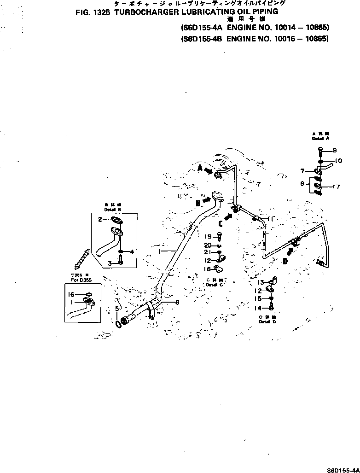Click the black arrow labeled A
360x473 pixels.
208,170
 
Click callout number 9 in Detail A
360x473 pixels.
335,150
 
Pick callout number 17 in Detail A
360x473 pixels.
337,187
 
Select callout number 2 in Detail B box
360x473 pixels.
100,219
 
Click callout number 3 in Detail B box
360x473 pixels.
110,263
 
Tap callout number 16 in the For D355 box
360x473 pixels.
71,293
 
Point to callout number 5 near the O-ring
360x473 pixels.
117,308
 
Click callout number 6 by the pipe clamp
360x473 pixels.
177,302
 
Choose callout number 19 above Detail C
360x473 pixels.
208,236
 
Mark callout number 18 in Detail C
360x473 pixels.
207,269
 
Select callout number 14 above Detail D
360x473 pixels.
259,308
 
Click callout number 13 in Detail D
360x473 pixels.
260,282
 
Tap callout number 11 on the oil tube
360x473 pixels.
271,219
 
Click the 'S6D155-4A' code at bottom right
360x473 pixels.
343,469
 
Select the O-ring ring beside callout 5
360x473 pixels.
119,324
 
